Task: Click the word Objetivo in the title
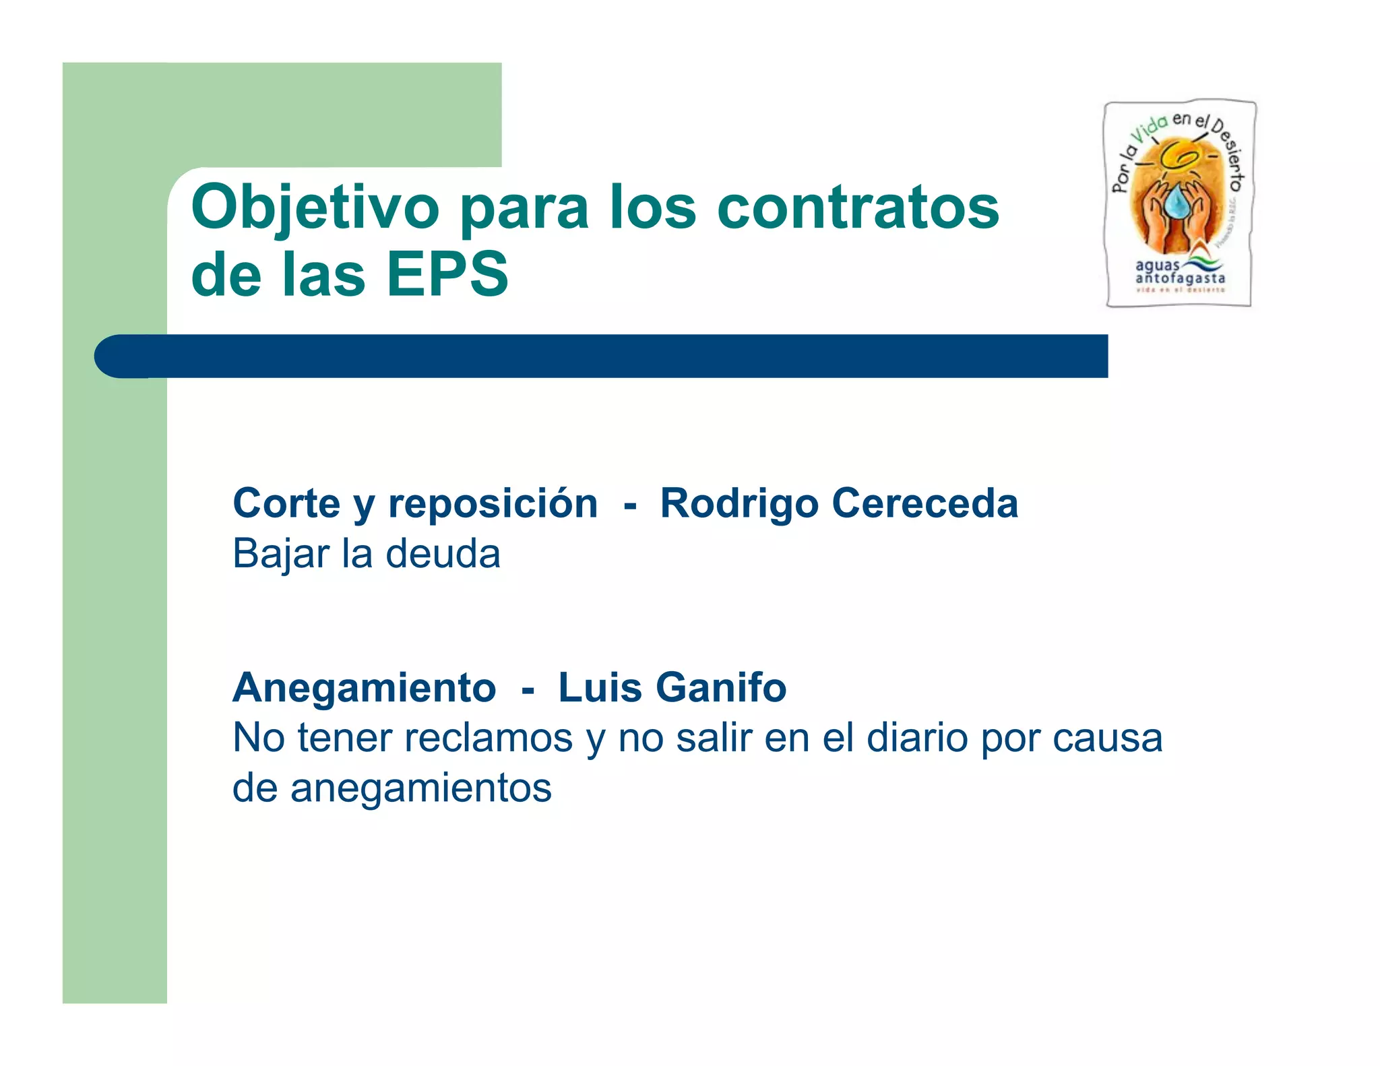click(x=315, y=208)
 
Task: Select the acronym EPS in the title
click(x=447, y=274)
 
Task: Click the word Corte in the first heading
click(x=286, y=503)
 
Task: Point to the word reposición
click(x=493, y=505)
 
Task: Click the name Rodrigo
click(x=739, y=505)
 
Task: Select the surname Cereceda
click(x=924, y=503)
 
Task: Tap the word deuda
click(x=443, y=554)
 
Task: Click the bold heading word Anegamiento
click(x=365, y=688)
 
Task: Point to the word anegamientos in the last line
click(x=421, y=788)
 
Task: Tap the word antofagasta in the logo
click(x=1180, y=278)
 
